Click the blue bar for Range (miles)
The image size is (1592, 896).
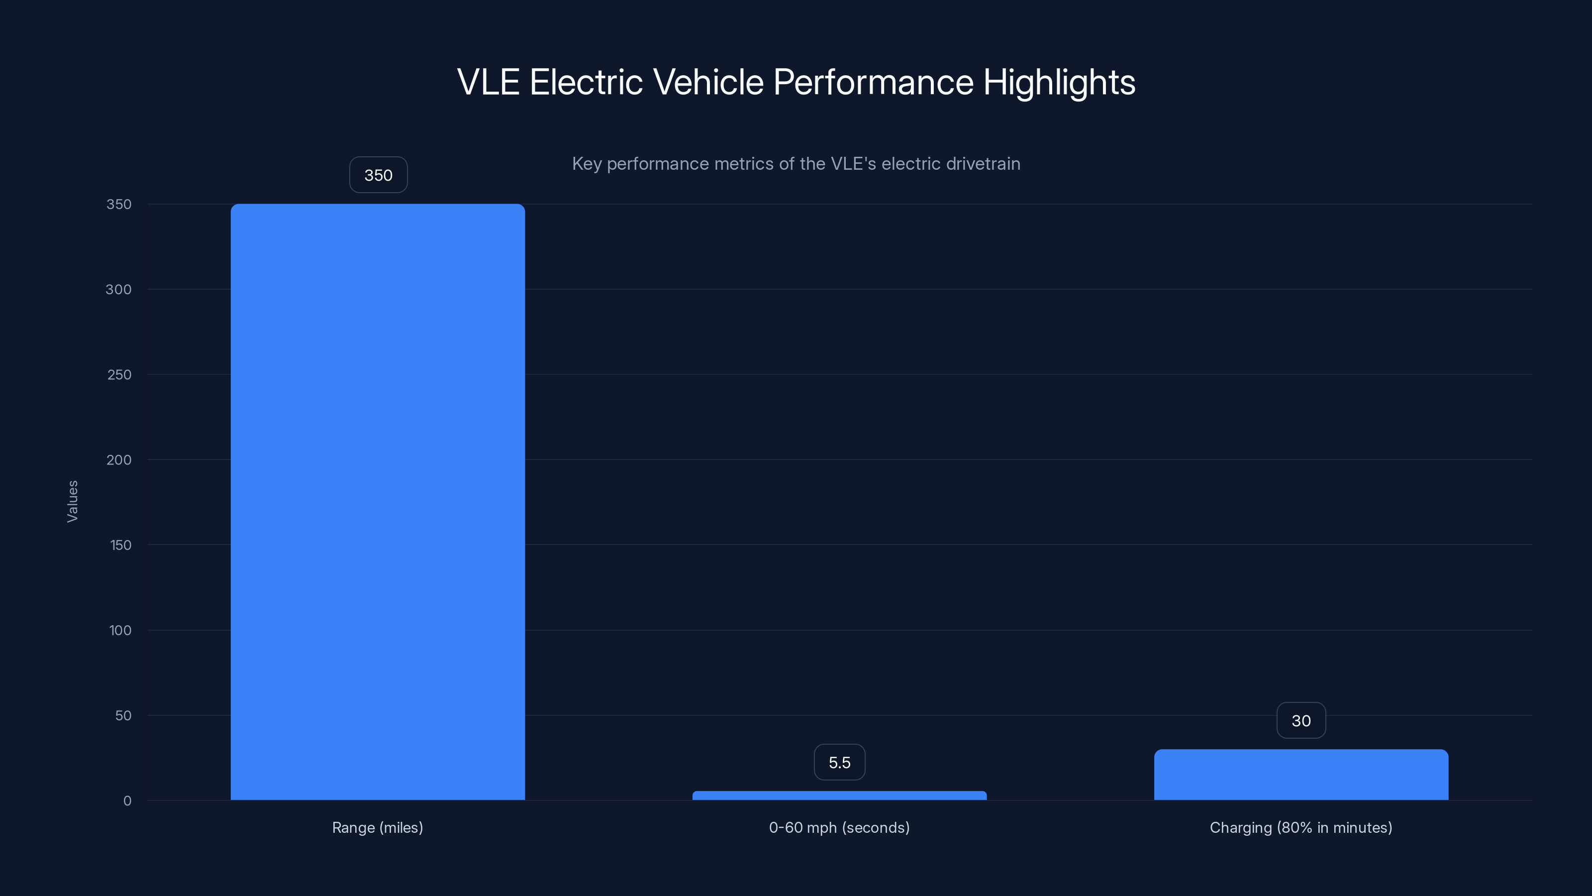(x=378, y=501)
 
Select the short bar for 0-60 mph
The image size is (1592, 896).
(x=839, y=795)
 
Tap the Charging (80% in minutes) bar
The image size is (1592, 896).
(x=1301, y=775)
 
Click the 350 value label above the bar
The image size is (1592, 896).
(x=378, y=175)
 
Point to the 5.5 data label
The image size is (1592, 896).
(x=839, y=763)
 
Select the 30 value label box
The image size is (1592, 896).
(x=1301, y=720)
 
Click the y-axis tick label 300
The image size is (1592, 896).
(x=119, y=289)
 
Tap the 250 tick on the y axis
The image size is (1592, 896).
(x=119, y=375)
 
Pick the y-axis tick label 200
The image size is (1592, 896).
(x=119, y=460)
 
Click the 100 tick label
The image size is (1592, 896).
(x=120, y=631)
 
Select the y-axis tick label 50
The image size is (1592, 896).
(x=123, y=715)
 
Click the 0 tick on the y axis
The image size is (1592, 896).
(x=127, y=801)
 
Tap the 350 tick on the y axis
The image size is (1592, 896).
(x=119, y=204)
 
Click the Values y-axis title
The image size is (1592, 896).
(x=72, y=501)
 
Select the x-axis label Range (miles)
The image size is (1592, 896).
(x=378, y=827)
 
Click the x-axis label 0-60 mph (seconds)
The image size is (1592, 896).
(x=839, y=827)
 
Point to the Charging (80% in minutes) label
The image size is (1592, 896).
(x=1301, y=827)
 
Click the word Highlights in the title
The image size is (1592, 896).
(x=1059, y=82)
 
